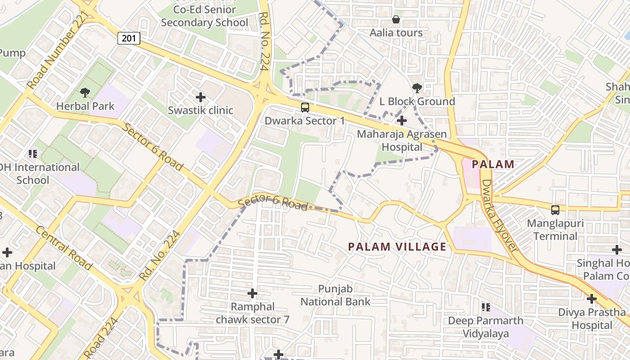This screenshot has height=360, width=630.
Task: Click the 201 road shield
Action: tap(129, 38)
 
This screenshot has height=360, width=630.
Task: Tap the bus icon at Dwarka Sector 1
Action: tap(305, 107)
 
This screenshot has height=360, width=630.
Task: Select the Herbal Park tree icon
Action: tap(85, 93)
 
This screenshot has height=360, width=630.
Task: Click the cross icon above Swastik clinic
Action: tap(201, 97)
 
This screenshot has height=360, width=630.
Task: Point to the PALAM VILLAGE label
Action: tap(398, 247)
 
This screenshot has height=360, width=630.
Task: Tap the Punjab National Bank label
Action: tap(335, 295)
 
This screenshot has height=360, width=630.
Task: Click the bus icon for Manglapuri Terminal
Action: tap(555, 210)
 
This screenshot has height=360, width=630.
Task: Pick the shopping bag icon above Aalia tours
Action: tap(396, 19)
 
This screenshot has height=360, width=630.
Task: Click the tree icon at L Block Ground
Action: tap(417, 88)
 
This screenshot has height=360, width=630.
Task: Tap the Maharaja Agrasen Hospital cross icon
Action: tap(402, 121)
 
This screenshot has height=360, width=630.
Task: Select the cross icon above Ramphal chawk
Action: tap(252, 293)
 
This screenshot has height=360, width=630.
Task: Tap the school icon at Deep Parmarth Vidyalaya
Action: tap(486, 307)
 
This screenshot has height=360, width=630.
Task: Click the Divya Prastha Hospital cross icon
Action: tap(592, 298)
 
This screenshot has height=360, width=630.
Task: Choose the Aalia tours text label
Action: tap(396, 33)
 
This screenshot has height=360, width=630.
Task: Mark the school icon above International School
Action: tap(33, 154)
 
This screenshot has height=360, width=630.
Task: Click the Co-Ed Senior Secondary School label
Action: tap(205, 16)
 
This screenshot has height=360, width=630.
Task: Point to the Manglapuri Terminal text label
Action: tap(555, 229)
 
